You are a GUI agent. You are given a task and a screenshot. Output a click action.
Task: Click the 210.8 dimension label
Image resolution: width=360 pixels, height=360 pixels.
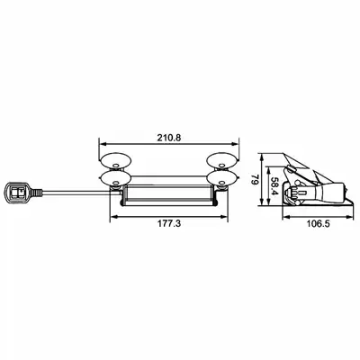point(169,138)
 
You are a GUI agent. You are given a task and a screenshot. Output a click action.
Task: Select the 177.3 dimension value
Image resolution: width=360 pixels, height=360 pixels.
point(169,223)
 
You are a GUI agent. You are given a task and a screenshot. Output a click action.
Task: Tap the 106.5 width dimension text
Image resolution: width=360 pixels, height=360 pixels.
point(318,223)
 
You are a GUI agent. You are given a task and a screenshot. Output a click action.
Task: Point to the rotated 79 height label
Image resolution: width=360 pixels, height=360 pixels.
point(255,180)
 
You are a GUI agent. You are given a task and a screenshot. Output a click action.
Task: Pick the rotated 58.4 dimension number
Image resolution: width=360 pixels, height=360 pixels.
point(274,185)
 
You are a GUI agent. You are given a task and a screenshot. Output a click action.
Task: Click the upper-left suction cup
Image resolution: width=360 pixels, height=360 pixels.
point(115,161)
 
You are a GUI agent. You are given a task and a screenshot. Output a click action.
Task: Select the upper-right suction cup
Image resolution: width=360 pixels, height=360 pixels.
point(223,161)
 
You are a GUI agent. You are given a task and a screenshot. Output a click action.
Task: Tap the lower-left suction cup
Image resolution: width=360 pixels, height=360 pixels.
point(115,178)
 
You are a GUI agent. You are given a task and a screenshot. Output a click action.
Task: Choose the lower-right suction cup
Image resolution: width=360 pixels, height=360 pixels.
point(223,178)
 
